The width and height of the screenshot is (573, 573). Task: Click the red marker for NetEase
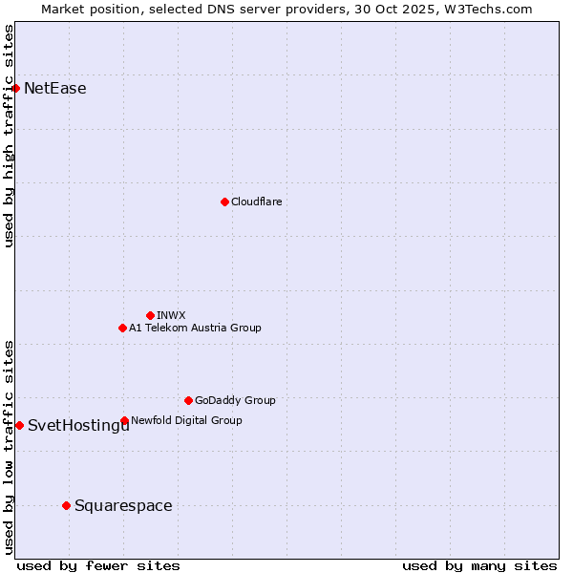[x=15, y=88]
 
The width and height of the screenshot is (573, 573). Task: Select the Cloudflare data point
[x=224, y=202]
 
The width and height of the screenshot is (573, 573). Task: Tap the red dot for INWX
[x=150, y=315]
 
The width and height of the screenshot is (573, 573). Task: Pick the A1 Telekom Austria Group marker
[x=122, y=328]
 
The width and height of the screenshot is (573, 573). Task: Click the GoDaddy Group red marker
[x=188, y=400]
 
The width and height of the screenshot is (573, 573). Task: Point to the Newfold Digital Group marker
[x=124, y=420]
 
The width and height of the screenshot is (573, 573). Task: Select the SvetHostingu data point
[x=19, y=425]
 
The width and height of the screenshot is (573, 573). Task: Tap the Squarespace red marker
[x=66, y=505]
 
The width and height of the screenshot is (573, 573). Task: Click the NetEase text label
[x=55, y=89]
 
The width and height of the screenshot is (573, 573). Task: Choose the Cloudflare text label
[x=257, y=202]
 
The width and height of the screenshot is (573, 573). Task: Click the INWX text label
[x=172, y=315]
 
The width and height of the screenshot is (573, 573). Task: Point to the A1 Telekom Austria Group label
[x=195, y=329]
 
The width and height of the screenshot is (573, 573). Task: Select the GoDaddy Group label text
[x=235, y=401]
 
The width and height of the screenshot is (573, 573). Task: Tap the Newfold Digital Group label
[x=186, y=420]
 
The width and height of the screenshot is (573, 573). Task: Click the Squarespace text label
[x=123, y=506]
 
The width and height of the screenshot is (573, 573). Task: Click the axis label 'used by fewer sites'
[x=98, y=565]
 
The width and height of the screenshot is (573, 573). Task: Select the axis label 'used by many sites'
[x=479, y=565]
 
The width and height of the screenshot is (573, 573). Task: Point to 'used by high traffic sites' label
[x=10, y=136]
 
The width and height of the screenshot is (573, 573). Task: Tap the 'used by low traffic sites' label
[x=10, y=447]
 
